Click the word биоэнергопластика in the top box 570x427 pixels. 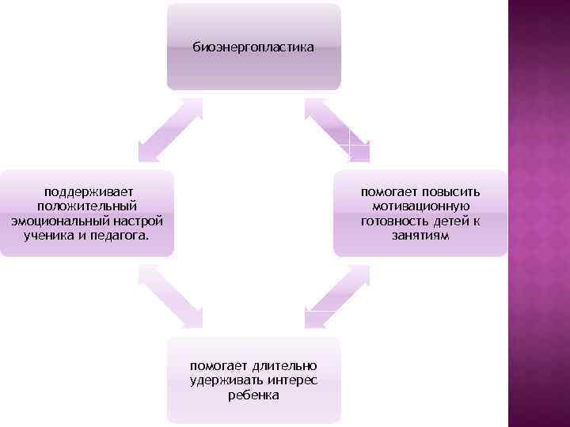click(x=253, y=47)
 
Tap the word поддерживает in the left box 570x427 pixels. click(x=88, y=192)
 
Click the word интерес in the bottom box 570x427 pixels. click(x=292, y=380)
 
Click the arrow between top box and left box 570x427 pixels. click(x=170, y=130)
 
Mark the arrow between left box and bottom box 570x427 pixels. click(x=170, y=296)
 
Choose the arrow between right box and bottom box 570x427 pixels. click(x=336, y=296)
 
